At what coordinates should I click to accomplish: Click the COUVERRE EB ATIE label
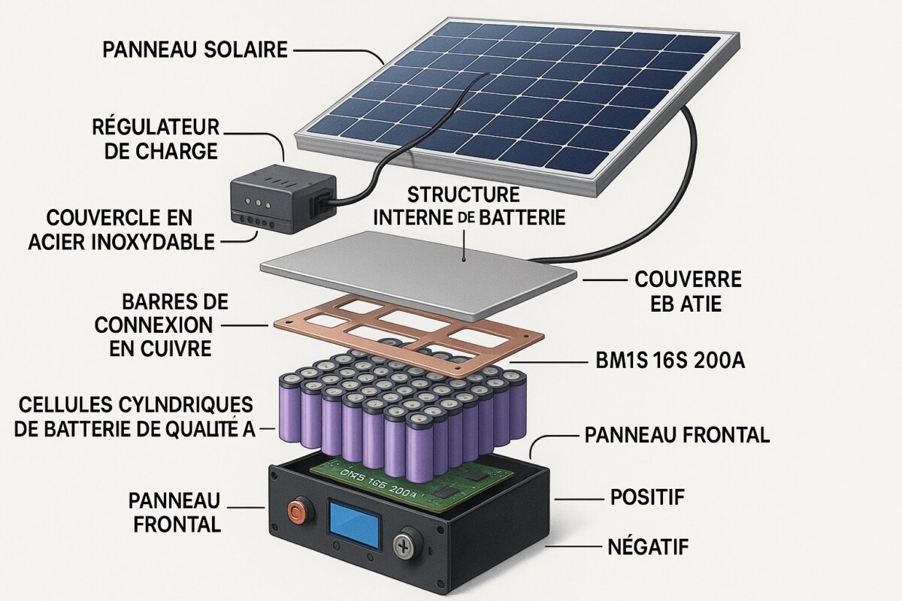[689, 291]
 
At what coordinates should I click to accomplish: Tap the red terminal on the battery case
[295, 514]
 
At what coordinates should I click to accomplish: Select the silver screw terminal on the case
[410, 542]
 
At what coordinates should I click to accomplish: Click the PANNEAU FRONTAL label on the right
[676, 435]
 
